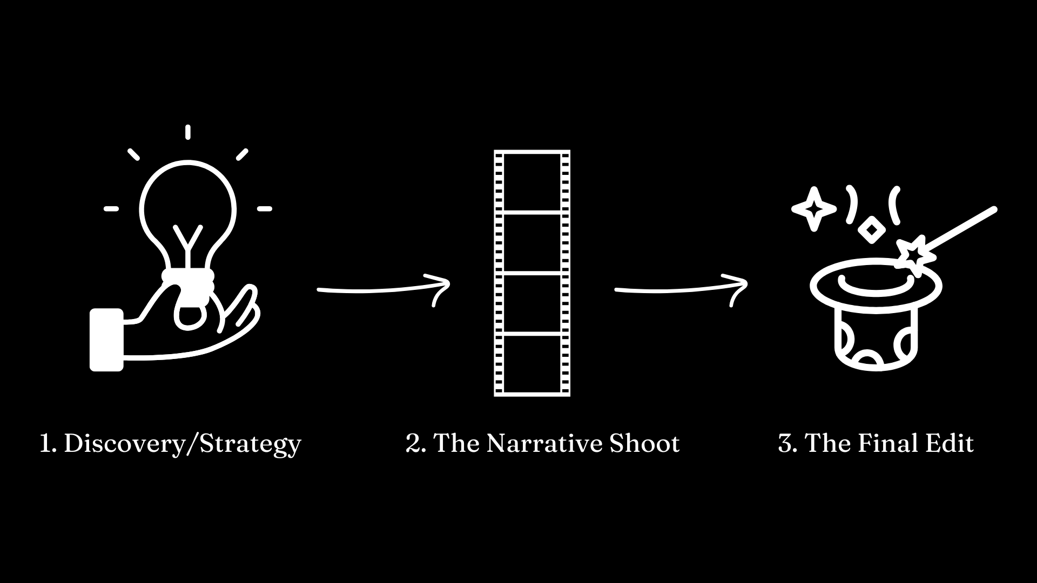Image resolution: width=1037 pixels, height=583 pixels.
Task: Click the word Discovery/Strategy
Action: [x=182, y=444]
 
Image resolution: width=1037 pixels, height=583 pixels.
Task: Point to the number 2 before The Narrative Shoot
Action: [x=415, y=444]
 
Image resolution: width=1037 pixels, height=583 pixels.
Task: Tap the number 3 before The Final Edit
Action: [x=786, y=444]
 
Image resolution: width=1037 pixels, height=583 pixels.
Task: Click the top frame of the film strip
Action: [x=532, y=182]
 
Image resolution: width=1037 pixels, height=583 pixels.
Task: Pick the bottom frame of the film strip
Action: [x=532, y=364]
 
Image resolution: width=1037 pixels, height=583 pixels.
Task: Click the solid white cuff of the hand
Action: [x=106, y=340]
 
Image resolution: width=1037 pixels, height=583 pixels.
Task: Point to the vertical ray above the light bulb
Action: [x=187, y=132]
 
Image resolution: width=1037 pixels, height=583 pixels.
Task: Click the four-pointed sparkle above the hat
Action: [x=814, y=209]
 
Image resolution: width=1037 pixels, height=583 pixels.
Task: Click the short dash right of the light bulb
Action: [x=264, y=209]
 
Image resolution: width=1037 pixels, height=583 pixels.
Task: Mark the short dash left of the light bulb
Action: [x=111, y=209]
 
